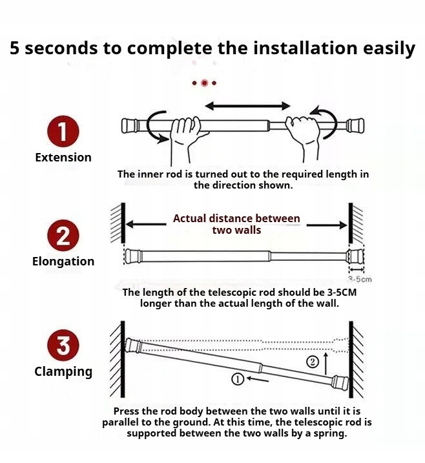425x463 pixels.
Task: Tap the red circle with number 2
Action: [63, 236]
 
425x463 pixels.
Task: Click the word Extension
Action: [63, 157]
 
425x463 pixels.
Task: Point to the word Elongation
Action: [63, 262]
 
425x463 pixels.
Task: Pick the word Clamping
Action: [63, 371]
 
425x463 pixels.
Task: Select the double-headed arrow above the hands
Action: [248, 105]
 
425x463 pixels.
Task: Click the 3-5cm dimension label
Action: [360, 279]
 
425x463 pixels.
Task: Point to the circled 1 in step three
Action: [237, 380]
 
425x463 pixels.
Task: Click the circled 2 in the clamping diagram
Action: [313, 362]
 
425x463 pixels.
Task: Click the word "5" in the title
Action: [15, 48]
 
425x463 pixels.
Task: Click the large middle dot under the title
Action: [204, 83]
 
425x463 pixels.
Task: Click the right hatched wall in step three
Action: [357, 358]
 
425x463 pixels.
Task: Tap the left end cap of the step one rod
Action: [130, 125]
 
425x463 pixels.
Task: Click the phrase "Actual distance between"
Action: [236, 218]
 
